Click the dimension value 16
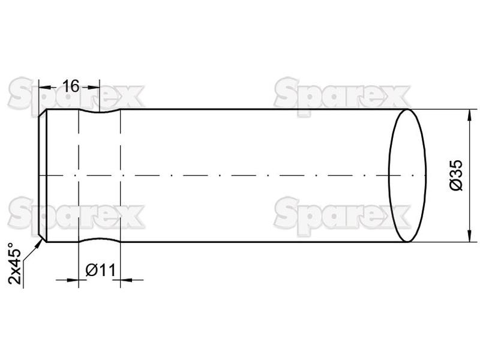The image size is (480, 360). click(71, 86)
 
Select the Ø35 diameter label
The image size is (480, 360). click(457, 175)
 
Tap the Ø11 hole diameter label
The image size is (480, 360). click(101, 270)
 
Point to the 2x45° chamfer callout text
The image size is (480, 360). click(14, 263)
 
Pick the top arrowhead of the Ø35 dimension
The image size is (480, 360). click(469, 115)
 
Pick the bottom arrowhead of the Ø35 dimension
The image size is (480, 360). click(469, 236)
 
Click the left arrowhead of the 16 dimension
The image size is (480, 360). click(45, 87)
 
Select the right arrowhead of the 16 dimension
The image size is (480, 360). click(94, 87)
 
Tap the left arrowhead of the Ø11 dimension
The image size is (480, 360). click(73, 280)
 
